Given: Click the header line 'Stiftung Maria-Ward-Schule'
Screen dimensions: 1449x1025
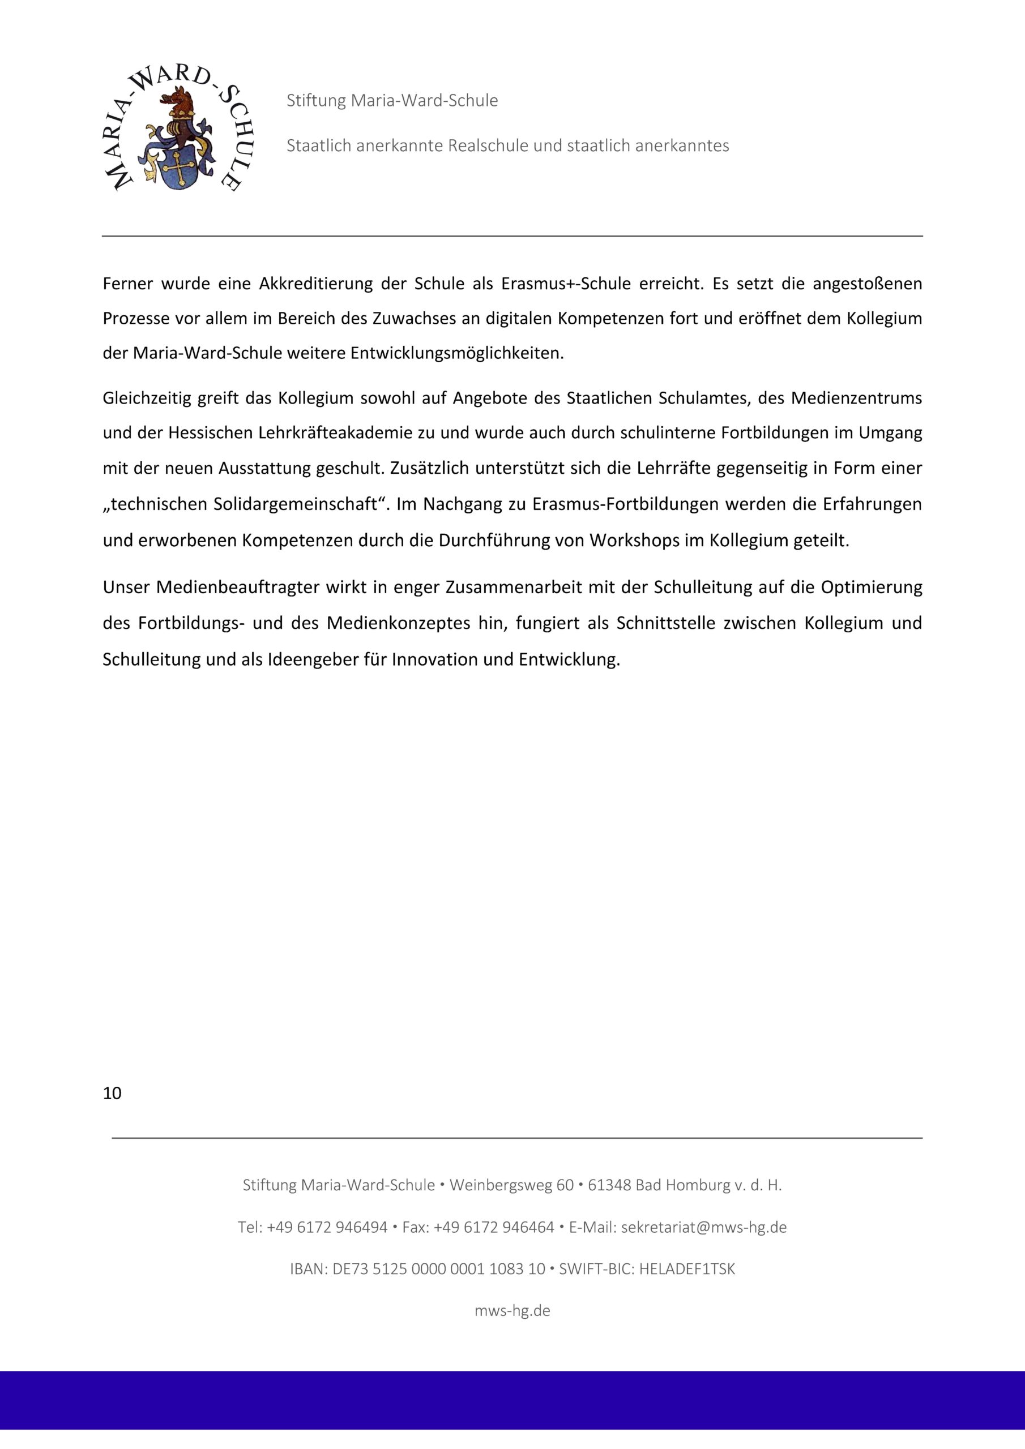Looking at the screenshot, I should (x=392, y=101).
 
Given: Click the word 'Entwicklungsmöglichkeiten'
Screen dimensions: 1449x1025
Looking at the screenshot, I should (x=456, y=353).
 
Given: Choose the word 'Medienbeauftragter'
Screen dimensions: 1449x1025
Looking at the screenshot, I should (x=237, y=588).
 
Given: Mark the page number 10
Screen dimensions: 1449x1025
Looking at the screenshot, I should (x=112, y=1093).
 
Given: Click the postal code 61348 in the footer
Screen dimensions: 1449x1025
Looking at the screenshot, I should (x=609, y=1185).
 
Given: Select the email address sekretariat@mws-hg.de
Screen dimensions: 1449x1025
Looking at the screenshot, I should (x=703, y=1228).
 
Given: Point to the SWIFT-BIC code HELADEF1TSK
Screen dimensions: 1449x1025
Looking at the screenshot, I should (x=687, y=1269).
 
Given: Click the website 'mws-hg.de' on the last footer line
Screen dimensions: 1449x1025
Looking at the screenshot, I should (x=512, y=1311).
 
